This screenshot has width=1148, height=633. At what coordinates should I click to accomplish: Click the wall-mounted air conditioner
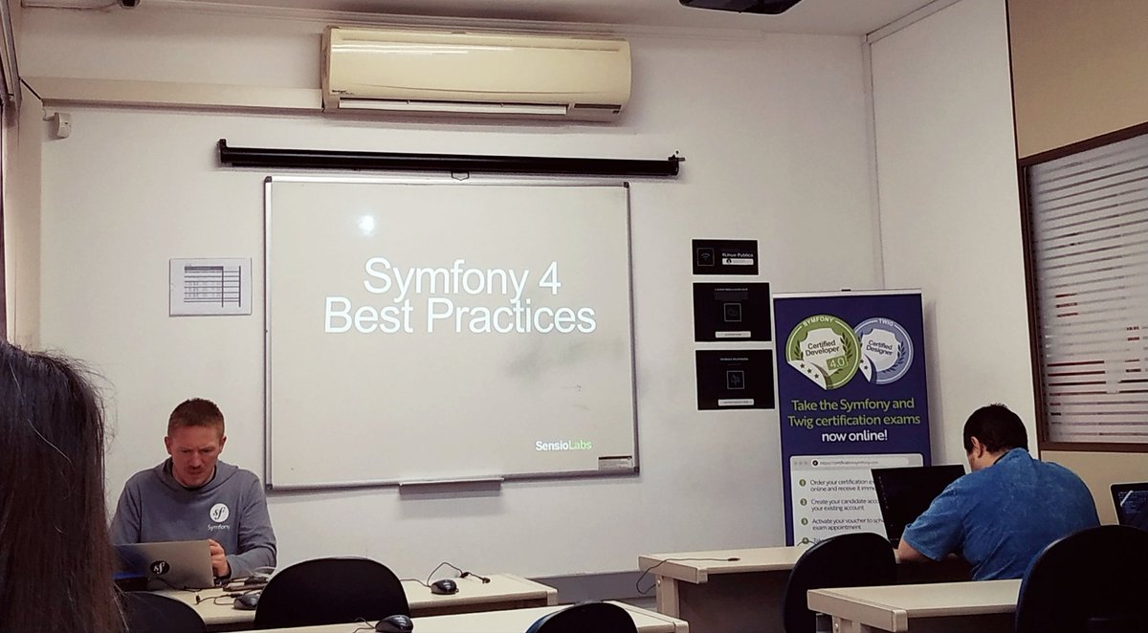(x=475, y=73)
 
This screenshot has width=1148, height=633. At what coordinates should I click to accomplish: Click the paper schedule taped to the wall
(x=210, y=286)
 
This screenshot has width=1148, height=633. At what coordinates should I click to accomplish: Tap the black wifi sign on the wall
(x=724, y=256)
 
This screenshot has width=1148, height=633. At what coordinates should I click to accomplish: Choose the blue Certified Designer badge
(x=882, y=350)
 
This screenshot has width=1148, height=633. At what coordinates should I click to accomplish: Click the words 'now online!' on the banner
(x=851, y=435)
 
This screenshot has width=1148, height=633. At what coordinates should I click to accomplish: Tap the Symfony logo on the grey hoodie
(x=219, y=513)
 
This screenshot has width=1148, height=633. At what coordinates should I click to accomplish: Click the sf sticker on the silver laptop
(x=160, y=567)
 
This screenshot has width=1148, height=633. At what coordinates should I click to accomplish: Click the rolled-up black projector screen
(x=448, y=159)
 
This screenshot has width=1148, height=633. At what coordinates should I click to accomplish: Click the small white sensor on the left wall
(x=60, y=124)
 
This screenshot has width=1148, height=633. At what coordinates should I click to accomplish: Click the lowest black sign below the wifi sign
(x=734, y=379)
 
